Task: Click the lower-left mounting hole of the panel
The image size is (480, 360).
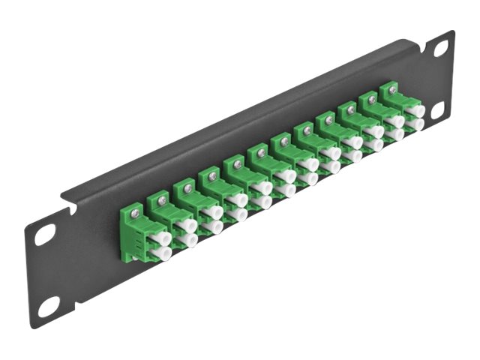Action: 49,306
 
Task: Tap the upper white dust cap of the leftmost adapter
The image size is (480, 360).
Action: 160,239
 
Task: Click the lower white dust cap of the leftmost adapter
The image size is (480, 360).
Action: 160,253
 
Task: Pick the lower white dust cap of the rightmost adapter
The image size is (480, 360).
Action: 415,123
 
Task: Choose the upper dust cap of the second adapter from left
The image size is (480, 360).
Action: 187,225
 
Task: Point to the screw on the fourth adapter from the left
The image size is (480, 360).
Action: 212,176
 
